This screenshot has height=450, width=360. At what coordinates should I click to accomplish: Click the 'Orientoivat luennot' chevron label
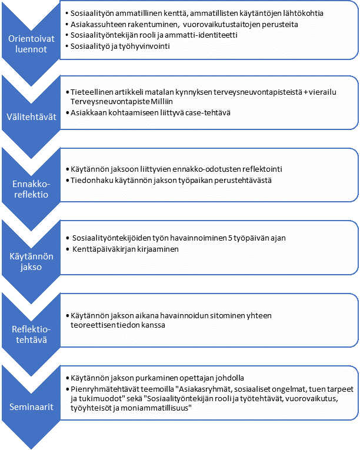(x=31, y=44)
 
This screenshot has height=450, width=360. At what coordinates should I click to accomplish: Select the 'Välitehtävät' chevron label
(x=31, y=117)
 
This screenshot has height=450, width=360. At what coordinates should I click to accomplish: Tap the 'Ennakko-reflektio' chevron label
(x=31, y=189)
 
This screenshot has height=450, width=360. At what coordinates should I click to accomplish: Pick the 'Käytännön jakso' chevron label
(x=31, y=261)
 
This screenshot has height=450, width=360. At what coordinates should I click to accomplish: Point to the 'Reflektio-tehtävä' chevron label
(x=31, y=334)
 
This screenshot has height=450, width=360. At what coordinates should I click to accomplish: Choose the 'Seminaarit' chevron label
(x=31, y=406)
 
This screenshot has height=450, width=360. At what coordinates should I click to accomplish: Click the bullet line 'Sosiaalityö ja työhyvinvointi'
(x=120, y=46)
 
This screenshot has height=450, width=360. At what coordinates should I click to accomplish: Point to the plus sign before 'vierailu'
(x=305, y=92)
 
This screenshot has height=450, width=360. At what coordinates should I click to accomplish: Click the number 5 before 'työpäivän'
(x=230, y=238)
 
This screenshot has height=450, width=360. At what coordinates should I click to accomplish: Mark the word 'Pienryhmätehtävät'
(x=105, y=389)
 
